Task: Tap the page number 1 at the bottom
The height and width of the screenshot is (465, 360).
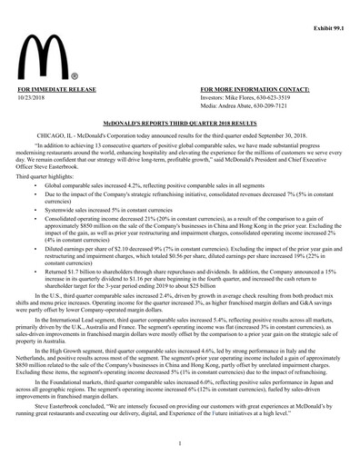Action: click(x=180, y=442)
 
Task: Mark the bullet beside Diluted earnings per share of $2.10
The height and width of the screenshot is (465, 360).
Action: click(x=35, y=244)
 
